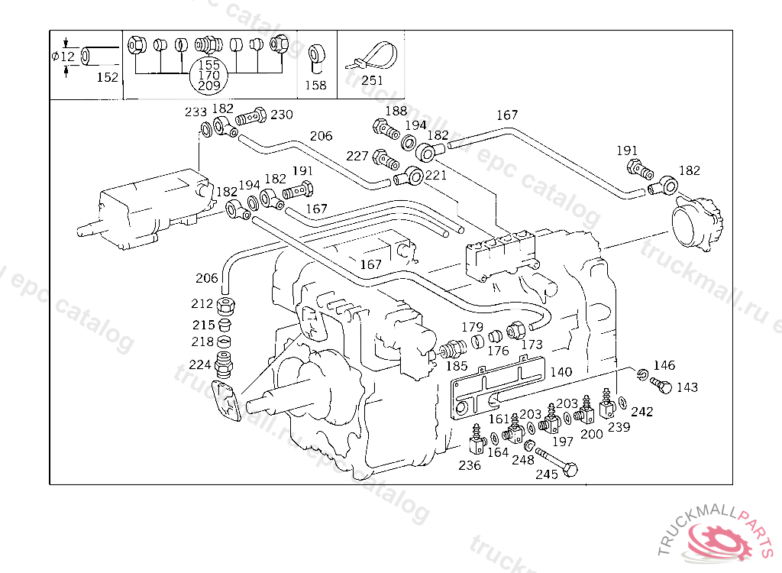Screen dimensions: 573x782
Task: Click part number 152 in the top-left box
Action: pos(108,77)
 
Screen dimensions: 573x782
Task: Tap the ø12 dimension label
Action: pos(63,56)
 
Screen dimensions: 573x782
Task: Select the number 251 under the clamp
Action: pos(373,80)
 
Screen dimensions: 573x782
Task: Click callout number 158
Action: pos(315,85)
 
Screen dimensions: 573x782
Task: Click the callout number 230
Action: pos(282,115)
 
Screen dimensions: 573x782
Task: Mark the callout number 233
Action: pos(195,112)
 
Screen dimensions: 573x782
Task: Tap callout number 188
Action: pos(396,111)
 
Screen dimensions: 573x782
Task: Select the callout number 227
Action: pos(357,156)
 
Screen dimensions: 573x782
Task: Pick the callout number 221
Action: pos(435,175)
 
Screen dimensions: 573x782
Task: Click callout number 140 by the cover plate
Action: pos(561,372)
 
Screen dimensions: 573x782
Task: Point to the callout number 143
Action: pos(687,387)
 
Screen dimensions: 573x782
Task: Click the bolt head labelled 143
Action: pos(664,387)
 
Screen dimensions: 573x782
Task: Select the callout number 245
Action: pos(547,474)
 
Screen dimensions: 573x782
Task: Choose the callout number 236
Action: pos(470,465)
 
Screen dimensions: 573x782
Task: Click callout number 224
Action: pos(200,364)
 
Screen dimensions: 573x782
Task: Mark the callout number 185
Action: pos(457,365)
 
